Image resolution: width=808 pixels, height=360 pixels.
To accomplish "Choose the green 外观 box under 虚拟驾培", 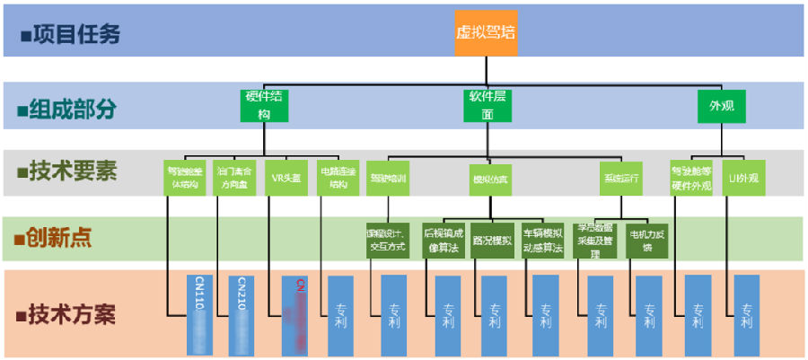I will pyautogui.click(x=722, y=106).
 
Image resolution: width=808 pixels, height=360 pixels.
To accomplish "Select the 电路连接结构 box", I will pyautogui.click(x=338, y=178).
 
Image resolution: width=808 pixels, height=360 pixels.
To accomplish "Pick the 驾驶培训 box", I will pyautogui.click(x=388, y=178).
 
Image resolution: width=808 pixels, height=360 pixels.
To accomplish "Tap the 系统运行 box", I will pyautogui.click(x=621, y=178).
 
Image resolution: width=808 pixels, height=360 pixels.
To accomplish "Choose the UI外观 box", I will pyautogui.click(x=743, y=178).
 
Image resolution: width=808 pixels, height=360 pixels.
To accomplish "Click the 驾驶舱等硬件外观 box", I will pyautogui.click(x=691, y=178).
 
